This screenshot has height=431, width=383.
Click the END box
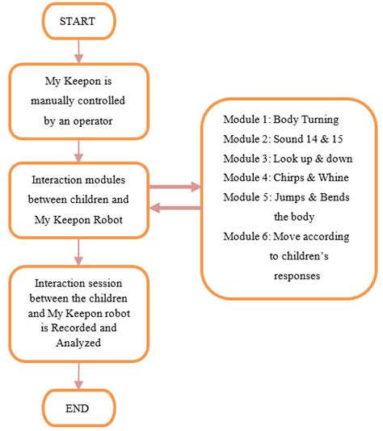pos(78,408)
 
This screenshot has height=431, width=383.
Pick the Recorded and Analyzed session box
pos(78,313)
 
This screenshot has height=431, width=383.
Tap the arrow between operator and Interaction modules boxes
pos(78,150)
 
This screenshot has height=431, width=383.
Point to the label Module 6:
pos(245,235)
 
